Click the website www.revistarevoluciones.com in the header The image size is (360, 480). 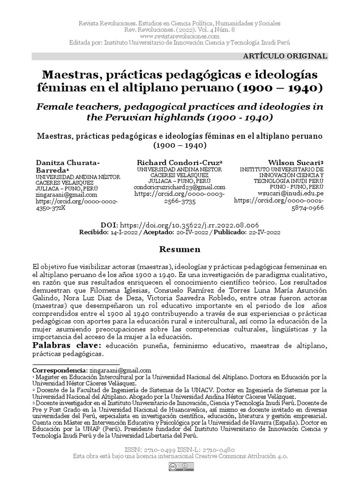tap(180, 36)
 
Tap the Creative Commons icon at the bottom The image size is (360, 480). tap(180, 467)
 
